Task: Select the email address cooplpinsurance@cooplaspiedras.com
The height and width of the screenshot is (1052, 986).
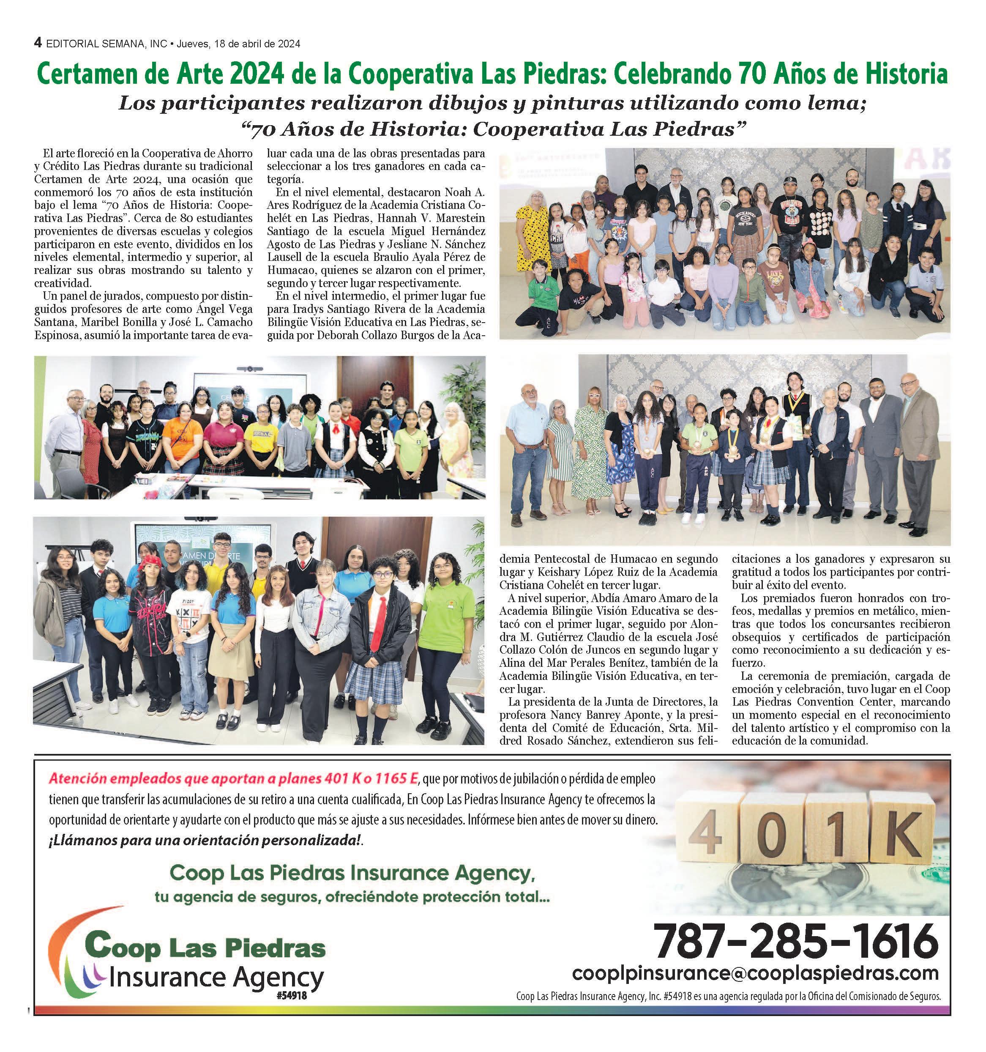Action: [755, 973]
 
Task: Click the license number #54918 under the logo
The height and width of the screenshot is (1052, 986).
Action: [291, 995]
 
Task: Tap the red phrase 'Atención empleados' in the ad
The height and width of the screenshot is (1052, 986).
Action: [101, 778]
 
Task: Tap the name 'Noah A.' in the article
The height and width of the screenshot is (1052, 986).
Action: [465, 192]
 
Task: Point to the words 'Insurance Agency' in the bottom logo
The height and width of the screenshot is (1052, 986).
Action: [217, 978]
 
